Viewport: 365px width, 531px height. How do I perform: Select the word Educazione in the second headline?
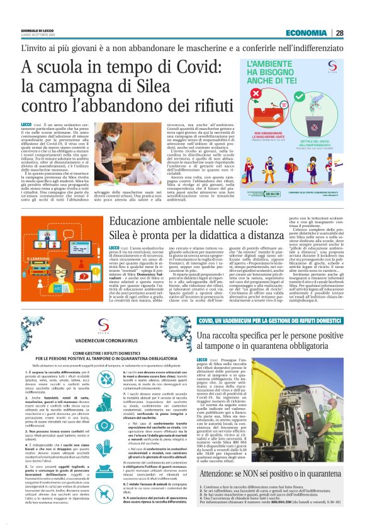(x=145, y=221)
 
